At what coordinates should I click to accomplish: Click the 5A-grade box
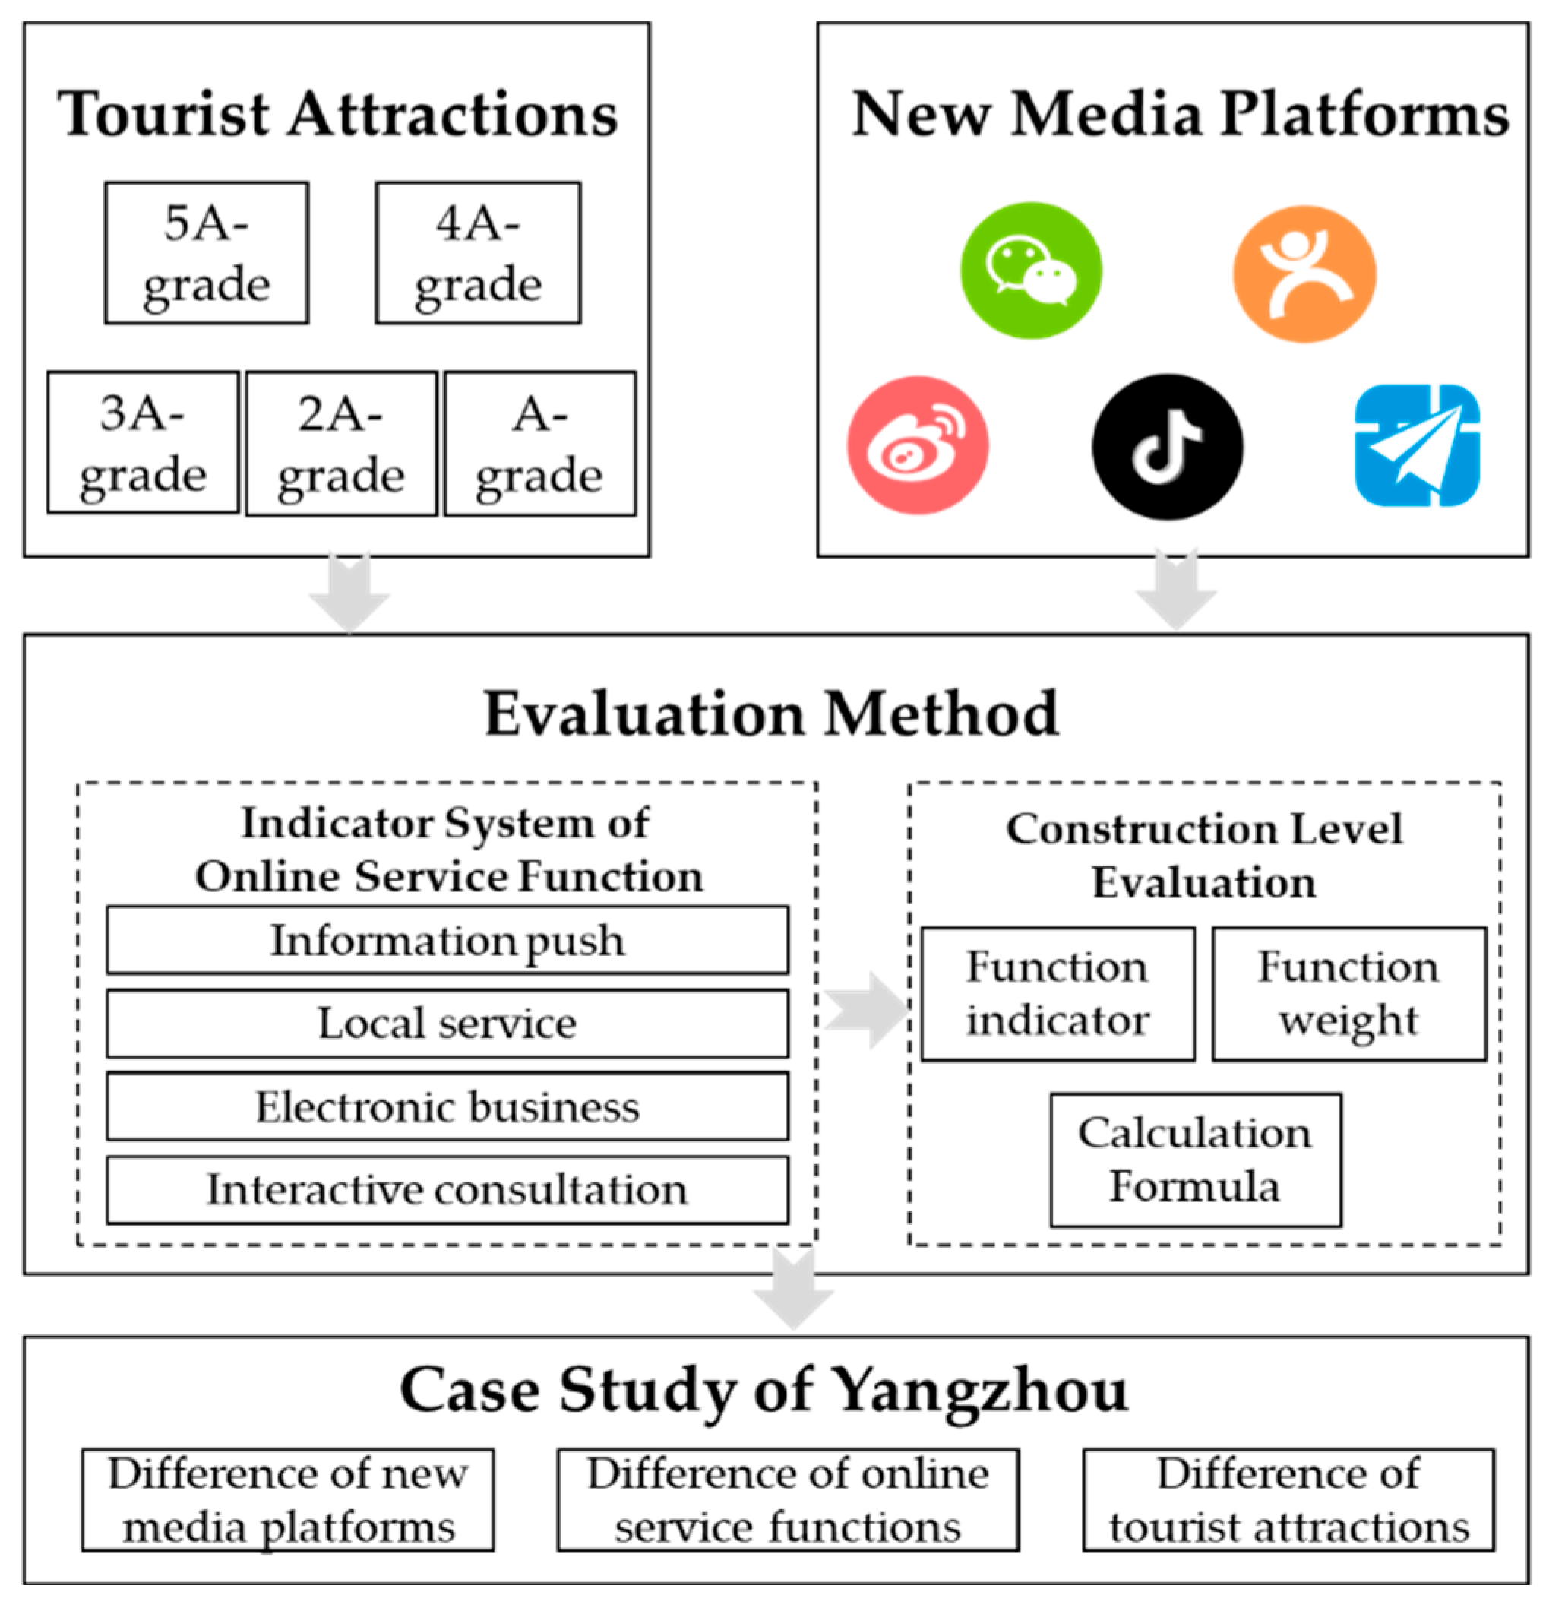tap(207, 253)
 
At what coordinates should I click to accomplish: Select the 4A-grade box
tap(478, 253)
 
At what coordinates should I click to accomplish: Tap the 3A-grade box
tap(142, 443)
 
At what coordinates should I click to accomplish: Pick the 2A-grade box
tap(340, 444)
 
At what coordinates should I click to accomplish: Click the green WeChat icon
tap(1031, 271)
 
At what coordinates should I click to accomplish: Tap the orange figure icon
tap(1304, 274)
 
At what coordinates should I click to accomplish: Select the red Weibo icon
tap(917, 445)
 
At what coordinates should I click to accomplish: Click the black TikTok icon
tap(1166, 446)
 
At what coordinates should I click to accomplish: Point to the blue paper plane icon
tap(1416, 445)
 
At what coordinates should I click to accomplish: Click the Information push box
tap(447, 940)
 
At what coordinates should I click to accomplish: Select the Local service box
tap(447, 1024)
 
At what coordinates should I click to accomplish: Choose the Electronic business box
tap(447, 1106)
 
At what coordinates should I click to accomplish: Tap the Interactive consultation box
tap(447, 1189)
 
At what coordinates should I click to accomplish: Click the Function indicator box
tap(1057, 994)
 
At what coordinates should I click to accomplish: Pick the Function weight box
tap(1348, 994)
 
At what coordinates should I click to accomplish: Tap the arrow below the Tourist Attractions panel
tap(349, 593)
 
